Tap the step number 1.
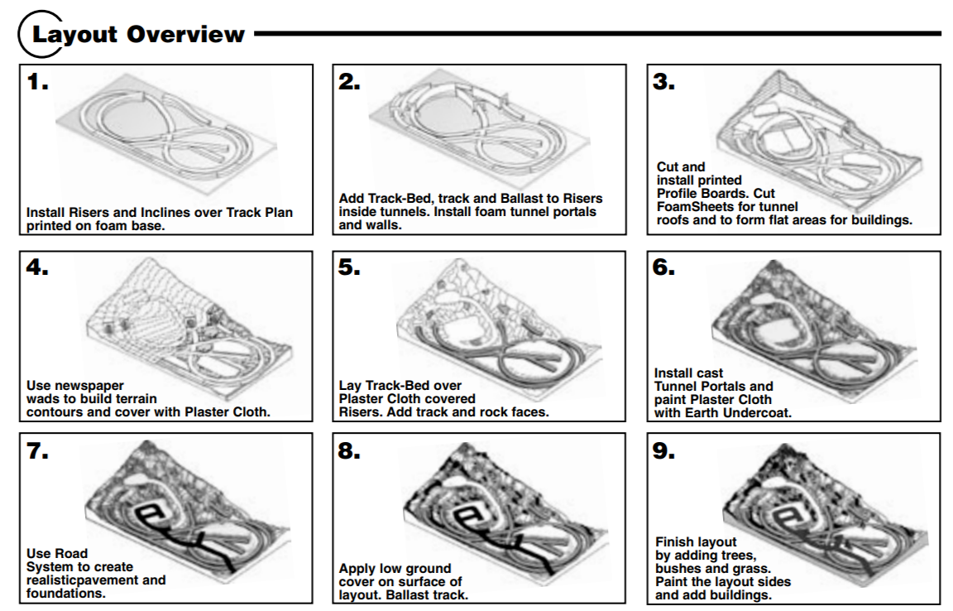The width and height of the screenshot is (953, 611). click(38, 82)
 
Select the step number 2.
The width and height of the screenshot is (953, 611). click(350, 82)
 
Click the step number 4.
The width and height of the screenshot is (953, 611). click(38, 268)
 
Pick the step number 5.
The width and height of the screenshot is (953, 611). click(350, 268)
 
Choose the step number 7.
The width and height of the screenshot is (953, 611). click(38, 451)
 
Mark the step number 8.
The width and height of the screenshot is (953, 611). click(350, 451)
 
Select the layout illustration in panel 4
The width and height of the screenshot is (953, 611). click(190, 323)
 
